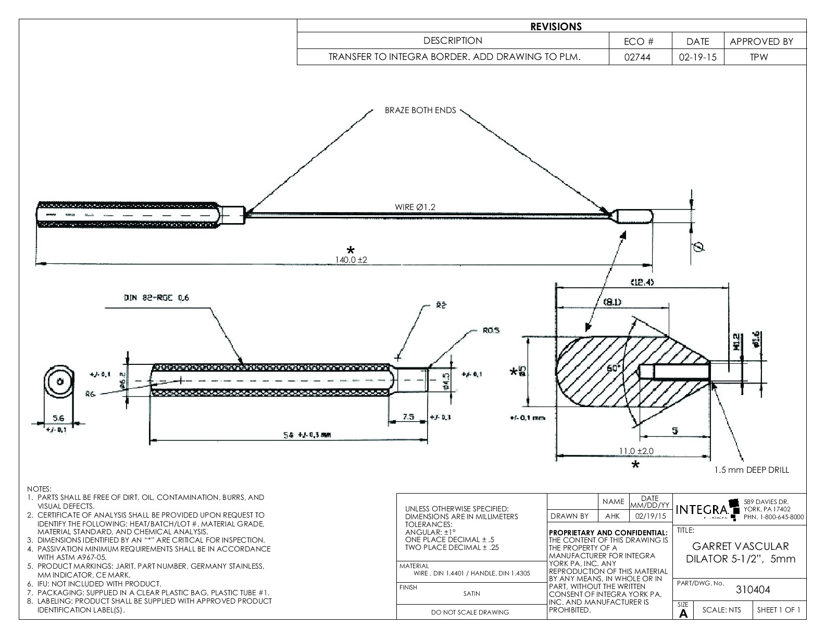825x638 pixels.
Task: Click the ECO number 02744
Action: tap(640, 57)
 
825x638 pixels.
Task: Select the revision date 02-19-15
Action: tap(697, 57)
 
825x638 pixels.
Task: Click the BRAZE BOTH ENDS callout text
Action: tap(420, 111)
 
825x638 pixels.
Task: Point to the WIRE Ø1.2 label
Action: tap(415, 207)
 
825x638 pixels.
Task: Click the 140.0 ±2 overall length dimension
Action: tap(351, 259)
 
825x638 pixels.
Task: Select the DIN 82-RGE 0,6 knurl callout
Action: tap(157, 298)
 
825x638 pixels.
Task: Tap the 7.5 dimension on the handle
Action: tap(408, 417)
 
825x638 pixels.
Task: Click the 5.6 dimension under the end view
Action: tap(58, 418)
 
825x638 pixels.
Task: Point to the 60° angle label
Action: tap(615, 368)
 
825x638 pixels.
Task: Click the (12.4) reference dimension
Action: tap(642, 282)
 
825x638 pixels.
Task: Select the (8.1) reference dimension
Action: tap(611, 302)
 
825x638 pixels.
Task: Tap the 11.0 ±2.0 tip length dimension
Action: tap(636, 451)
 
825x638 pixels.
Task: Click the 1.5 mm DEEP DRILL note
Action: tap(752, 470)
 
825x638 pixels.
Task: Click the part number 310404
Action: tap(753, 590)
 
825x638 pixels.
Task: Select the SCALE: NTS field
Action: tap(721, 610)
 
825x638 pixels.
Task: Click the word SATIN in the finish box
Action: tap(471, 593)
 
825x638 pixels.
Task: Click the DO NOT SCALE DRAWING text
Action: tap(470, 612)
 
